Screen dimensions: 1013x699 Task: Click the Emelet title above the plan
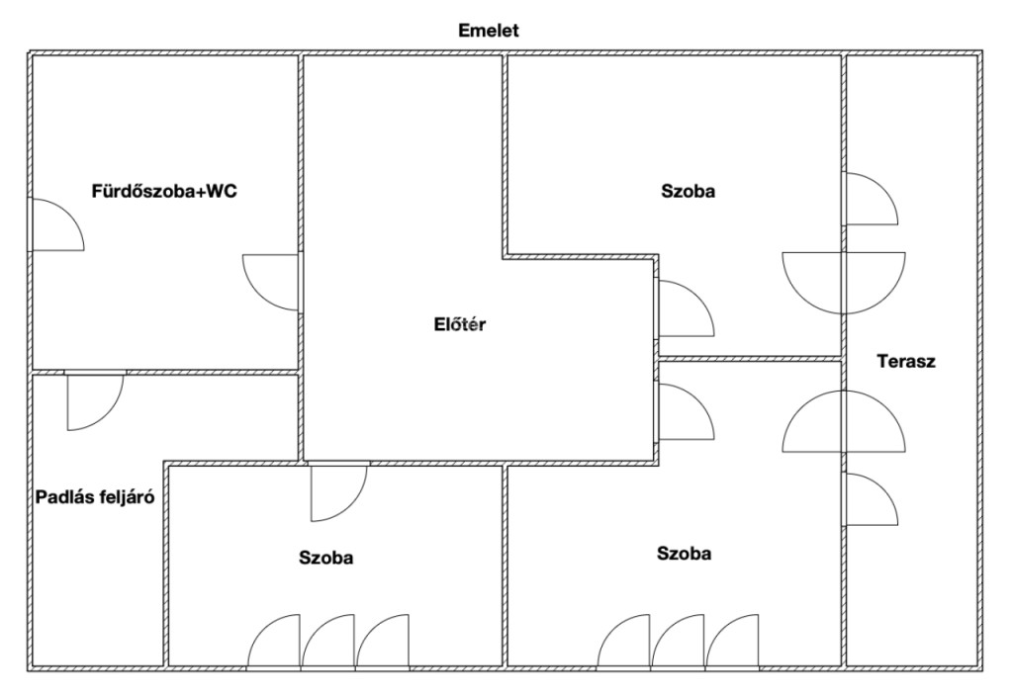point(489,31)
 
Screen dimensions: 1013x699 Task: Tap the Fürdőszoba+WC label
point(164,191)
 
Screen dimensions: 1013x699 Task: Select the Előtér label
point(459,324)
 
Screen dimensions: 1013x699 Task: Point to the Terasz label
point(906,361)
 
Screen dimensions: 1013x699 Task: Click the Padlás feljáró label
point(95,497)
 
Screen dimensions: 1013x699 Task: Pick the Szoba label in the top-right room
point(689,191)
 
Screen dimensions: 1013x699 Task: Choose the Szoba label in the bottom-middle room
point(326,558)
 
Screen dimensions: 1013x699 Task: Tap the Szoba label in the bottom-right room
point(685,553)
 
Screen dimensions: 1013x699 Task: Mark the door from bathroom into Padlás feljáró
point(108,413)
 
